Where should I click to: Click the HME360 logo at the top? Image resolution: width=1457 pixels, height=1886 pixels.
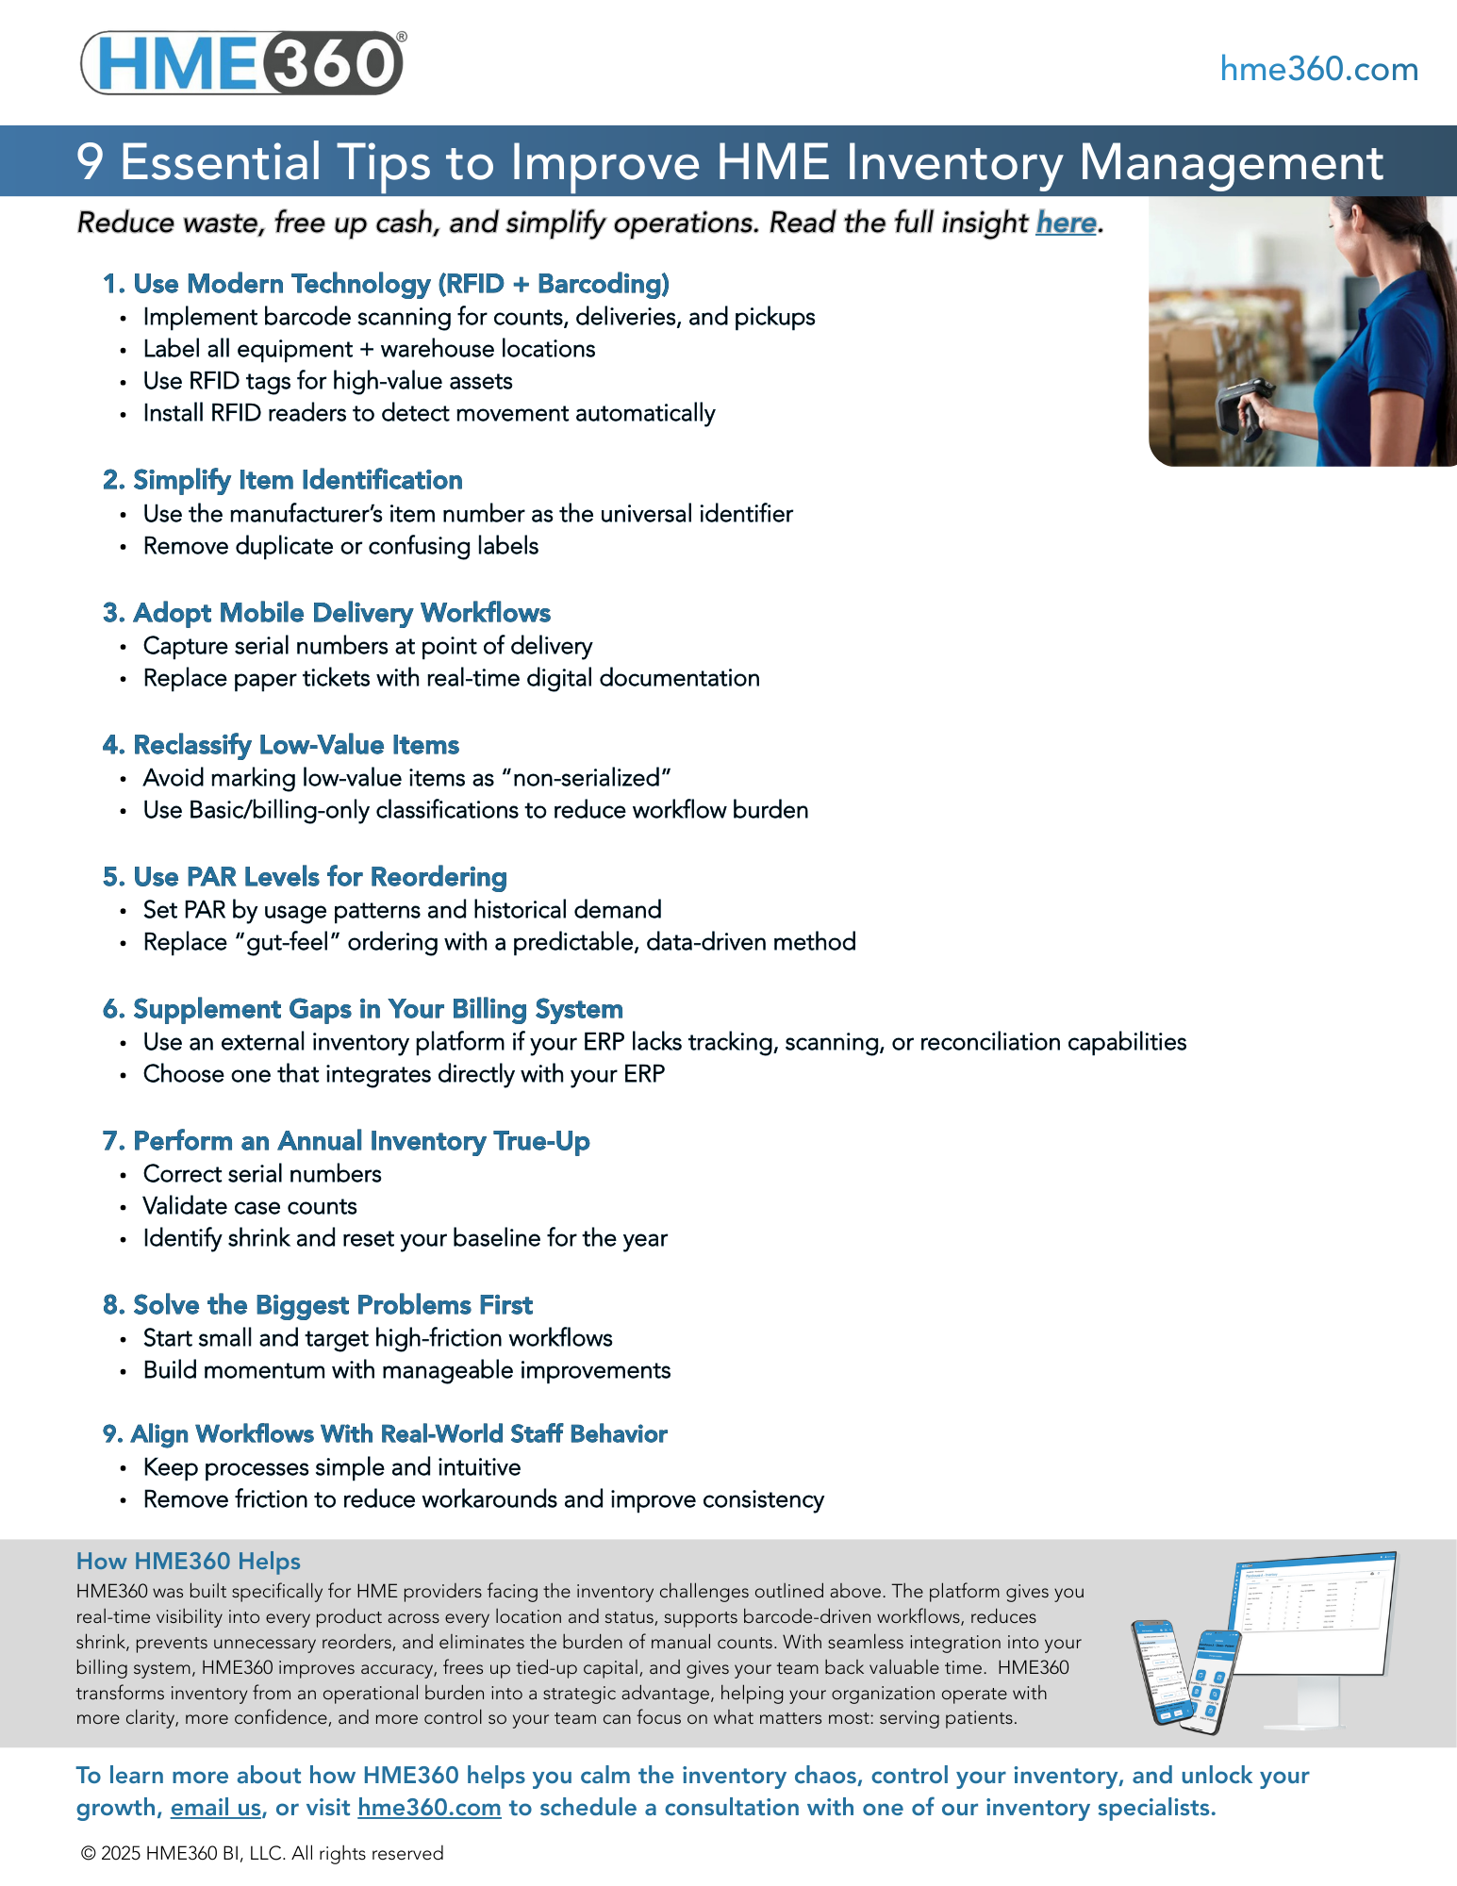(243, 62)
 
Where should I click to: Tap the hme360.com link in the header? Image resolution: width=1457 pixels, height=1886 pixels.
(1318, 69)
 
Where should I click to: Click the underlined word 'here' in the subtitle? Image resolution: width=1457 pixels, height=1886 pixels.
(1066, 223)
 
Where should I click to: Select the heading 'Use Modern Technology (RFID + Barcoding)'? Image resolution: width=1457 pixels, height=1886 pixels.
(386, 284)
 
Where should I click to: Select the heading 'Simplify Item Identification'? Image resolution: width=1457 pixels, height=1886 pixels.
(282, 480)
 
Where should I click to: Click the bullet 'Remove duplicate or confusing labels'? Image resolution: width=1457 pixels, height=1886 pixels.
(340, 546)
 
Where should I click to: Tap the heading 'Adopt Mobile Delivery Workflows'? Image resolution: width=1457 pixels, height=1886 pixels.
(326, 613)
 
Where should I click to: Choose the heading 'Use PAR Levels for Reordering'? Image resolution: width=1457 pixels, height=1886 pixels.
(305, 877)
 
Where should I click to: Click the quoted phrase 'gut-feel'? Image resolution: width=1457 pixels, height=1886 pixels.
(287, 942)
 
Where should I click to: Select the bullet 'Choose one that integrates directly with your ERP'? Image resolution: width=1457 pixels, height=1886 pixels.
(404, 1074)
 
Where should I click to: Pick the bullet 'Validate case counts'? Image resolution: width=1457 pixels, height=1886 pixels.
(250, 1206)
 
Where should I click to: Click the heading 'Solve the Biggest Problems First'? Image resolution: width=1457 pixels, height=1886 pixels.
(318, 1305)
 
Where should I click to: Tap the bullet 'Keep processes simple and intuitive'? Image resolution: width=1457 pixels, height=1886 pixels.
(331, 1467)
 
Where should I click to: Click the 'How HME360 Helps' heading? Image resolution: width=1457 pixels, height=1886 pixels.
(189, 1562)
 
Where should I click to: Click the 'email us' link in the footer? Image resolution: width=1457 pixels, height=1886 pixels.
(216, 1808)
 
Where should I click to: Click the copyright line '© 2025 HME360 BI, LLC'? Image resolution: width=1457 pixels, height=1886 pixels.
(262, 1853)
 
